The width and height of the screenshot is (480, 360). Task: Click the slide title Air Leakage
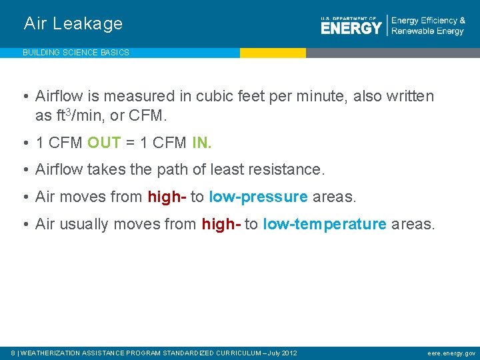click(73, 24)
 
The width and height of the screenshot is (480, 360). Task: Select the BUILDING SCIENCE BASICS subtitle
click(76, 53)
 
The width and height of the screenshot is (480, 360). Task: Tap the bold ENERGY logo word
click(351, 27)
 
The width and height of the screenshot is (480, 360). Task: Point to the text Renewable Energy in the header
click(427, 31)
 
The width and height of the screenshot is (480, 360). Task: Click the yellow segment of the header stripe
click(273, 53)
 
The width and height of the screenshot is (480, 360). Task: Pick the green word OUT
click(103, 143)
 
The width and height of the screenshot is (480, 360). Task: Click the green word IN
click(201, 143)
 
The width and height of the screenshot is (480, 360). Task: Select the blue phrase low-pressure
click(258, 197)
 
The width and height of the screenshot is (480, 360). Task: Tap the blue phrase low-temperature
click(325, 224)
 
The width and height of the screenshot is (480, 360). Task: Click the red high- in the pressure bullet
click(167, 197)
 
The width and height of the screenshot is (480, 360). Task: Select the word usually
click(84, 225)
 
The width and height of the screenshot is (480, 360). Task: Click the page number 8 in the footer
click(14, 353)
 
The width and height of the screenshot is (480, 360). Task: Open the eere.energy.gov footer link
click(451, 353)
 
